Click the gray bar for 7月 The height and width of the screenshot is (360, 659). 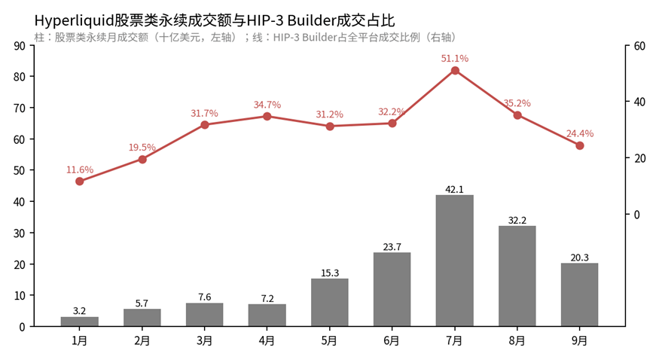(454, 261)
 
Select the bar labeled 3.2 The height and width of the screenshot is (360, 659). (79, 322)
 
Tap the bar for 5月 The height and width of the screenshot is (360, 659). (330, 303)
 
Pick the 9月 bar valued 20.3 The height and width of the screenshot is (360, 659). (580, 294)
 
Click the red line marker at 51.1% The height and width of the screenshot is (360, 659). (455, 71)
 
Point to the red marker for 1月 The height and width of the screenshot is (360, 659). (79, 182)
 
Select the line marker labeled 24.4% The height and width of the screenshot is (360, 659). (580, 146)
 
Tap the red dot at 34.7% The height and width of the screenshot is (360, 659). (267, 116)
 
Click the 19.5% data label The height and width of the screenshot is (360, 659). (142, 148)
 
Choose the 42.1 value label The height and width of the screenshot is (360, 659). (454, 190)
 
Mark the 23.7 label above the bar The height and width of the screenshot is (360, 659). (392, 247)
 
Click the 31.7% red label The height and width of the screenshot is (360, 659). (204, 114)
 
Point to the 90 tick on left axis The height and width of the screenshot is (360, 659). (20, 46)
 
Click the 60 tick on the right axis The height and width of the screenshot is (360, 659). (639, 46)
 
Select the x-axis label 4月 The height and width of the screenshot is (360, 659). (267, 340)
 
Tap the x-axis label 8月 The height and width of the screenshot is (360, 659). (517, 340)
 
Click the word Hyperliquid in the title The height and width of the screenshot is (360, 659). (74, 20)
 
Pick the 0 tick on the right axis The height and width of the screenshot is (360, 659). (636, 215)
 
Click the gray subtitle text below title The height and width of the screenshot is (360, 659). (246, 38)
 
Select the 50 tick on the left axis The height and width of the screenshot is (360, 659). (20, 170)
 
